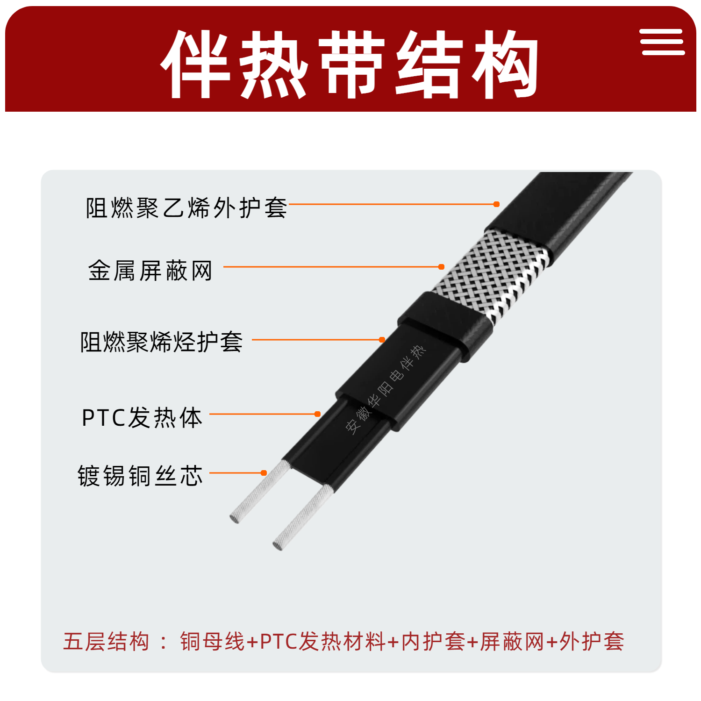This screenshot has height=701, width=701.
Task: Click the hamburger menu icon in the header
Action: [663, 42]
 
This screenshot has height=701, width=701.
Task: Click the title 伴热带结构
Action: [350, 64]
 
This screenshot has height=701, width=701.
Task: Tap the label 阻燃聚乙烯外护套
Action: [186, 208]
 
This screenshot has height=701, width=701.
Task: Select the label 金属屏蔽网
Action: [150, 271]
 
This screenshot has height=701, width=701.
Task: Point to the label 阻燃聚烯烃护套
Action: [161, 342]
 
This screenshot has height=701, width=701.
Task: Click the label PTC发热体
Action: [142, 417]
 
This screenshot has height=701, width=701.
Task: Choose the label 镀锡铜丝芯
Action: [140, 476]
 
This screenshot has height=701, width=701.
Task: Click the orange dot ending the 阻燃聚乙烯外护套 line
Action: [496, 204]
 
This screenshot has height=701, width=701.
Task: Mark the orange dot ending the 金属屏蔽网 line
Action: [441, 267]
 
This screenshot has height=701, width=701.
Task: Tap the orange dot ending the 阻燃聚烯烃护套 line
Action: [382, 340]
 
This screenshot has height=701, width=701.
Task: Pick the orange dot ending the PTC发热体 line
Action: [317, 414]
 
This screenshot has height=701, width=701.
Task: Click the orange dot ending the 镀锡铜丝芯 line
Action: [264, 473]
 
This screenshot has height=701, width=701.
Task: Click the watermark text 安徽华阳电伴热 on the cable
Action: [386, 390]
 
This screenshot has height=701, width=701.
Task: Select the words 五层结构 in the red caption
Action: [107, 641]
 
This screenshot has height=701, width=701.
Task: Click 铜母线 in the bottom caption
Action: [213, 641]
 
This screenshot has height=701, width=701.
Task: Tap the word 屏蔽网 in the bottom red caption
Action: [513, 641]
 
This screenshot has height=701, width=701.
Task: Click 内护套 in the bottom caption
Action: [433, 641]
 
